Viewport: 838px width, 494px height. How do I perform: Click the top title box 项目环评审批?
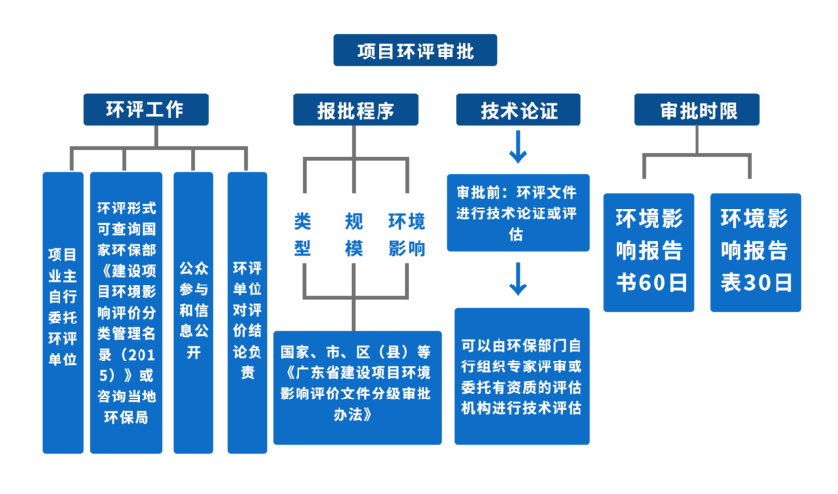click(415, 51)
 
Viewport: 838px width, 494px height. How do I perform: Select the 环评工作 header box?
click(145, 109)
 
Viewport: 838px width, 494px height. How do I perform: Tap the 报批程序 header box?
click(355, 109)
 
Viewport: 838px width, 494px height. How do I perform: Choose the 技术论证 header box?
click(518, 109)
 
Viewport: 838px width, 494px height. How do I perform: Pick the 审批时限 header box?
click(697, 109)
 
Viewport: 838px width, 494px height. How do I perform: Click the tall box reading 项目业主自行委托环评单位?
click(62, 313)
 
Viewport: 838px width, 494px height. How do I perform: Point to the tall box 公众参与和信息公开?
click(193, 313)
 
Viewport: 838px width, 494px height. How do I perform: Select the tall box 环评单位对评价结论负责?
click(248, 313)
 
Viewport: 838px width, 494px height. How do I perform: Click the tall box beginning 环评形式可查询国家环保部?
click(126, 313)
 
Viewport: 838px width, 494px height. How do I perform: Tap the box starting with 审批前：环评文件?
click(518, 212)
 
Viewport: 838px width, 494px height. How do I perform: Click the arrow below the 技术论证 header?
click(518, 148)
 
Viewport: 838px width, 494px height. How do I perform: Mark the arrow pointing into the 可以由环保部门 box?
click(518, 280)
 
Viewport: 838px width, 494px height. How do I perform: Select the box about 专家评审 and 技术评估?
click(522, 376)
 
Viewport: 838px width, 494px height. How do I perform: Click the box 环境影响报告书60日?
click(649, 251)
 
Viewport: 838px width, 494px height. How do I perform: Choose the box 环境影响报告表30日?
click(755, 251)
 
